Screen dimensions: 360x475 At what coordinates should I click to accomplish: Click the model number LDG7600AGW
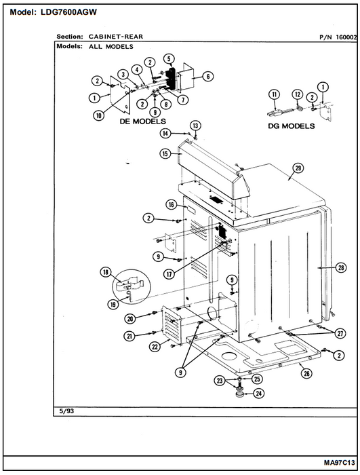[69, 12]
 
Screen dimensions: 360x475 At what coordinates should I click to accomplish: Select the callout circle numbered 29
[298, 168]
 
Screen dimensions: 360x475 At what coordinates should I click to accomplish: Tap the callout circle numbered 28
[341, 268]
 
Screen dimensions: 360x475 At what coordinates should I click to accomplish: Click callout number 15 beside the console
[165, 154]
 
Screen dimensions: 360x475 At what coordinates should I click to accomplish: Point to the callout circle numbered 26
[306, 373]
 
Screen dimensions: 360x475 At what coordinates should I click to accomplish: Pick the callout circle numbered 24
[259, 394]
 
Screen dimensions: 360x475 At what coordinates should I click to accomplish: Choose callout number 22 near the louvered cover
[155, 347]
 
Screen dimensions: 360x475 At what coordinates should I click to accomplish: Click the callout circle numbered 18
[106, 272]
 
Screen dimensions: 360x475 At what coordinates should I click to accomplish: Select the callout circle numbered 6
[208, 77]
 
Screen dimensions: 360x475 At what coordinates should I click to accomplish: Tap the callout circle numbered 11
[275, 94]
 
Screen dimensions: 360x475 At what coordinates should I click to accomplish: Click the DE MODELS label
[143, 121]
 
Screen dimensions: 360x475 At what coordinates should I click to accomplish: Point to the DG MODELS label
[292, 126]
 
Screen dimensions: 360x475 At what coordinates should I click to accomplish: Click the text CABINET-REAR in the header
[116, 37]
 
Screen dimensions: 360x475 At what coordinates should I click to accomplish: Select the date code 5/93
[66, 411]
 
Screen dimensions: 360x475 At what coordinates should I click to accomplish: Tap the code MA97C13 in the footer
[339, 463]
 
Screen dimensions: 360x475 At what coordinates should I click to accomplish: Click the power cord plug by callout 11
[275, 113]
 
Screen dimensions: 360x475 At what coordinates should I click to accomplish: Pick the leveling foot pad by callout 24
[241, 394]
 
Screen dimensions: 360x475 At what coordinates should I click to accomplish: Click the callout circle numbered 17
[169, 274]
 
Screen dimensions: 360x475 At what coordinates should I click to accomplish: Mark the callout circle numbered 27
[340, 334]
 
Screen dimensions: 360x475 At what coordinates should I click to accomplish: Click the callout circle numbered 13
[195, 126]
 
